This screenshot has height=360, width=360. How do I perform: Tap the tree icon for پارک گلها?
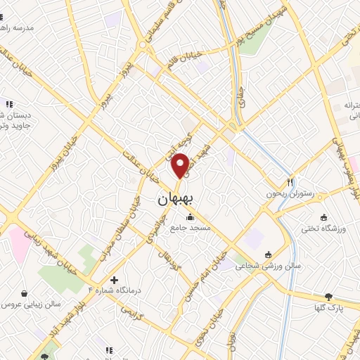[x=328, y=297]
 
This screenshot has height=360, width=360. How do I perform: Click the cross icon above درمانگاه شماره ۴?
[x=115, y=280]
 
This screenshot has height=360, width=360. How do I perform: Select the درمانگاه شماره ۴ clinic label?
[x=115, y=290]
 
